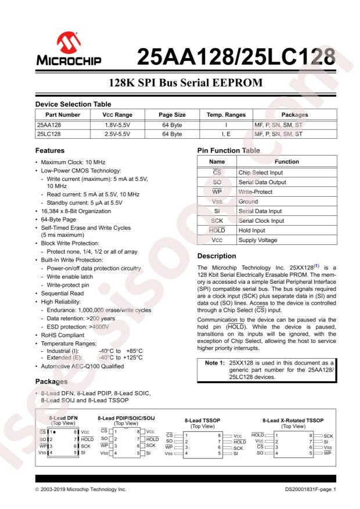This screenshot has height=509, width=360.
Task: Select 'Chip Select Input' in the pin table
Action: pyautogui.click(x=260, y=172)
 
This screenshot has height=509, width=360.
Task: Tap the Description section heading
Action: pyautogui.click(x=217, y=256)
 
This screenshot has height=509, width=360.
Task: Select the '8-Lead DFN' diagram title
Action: pyautogui.click(x=63, y=417)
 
